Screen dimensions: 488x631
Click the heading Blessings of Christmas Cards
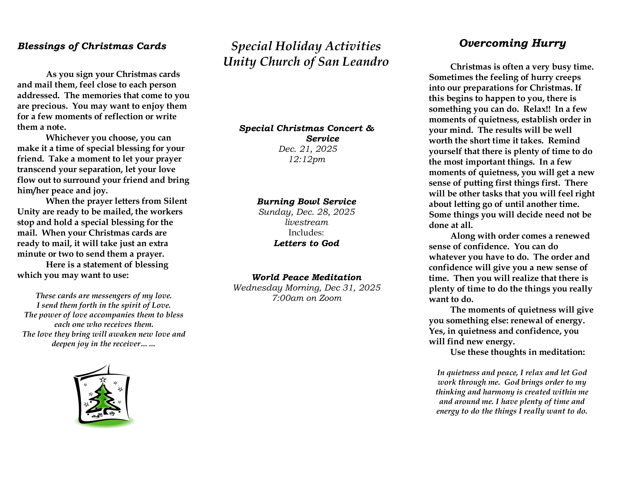point(92,46)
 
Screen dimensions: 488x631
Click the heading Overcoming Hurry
point(512,43)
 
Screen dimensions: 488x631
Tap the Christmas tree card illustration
point(103,397)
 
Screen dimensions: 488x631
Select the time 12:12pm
point(307,159)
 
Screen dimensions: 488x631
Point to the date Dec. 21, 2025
point(308,149)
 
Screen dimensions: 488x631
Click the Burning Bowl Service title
point(307,202)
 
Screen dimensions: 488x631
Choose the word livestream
point(307,222)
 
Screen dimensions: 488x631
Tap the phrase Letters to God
point(307,243)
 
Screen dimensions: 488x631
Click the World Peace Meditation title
point(307,277)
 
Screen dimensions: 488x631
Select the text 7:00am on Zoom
point(307,298)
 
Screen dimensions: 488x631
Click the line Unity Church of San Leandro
point(306,62)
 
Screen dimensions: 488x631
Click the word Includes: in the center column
point(306,233)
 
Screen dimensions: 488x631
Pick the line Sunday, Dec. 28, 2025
point(307,212)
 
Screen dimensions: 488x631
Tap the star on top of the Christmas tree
point(103,379)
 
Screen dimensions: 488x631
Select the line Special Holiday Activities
point(306,46)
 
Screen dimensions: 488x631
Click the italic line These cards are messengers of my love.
point(104,296)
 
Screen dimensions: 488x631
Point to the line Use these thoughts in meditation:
point(517,352)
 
